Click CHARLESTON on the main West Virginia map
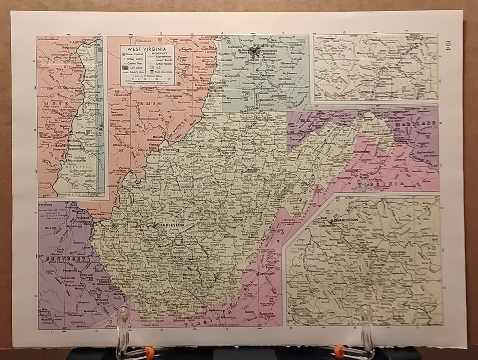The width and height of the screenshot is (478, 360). point(171,226)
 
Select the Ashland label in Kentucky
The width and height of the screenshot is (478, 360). point(84,217)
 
